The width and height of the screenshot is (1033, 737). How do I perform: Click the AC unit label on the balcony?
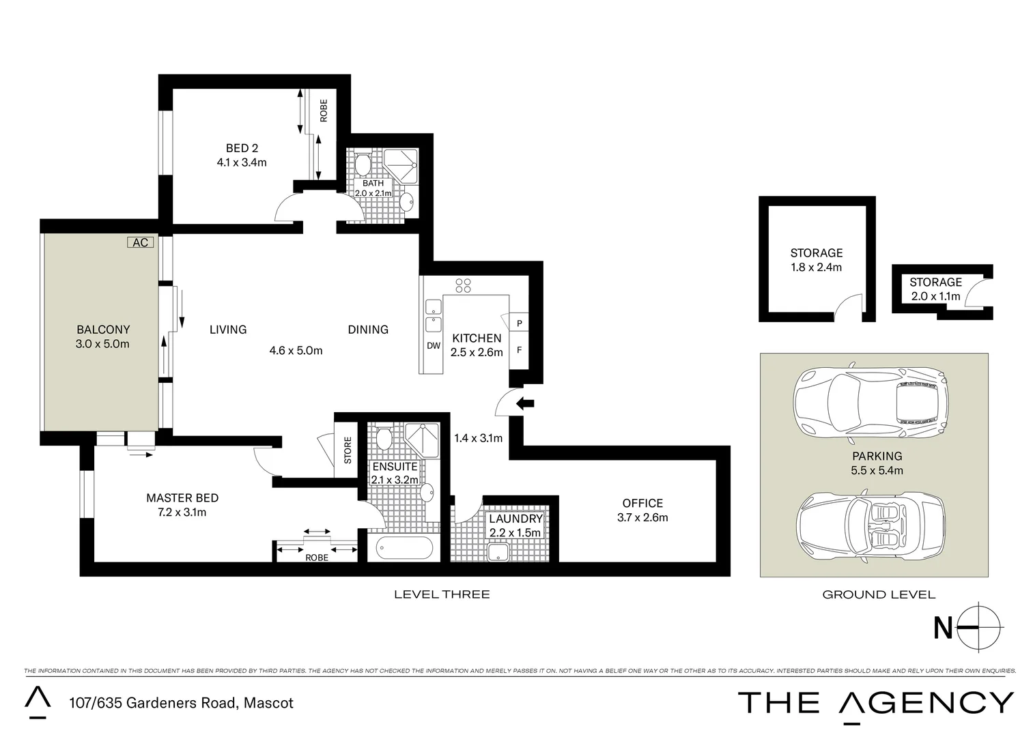140,242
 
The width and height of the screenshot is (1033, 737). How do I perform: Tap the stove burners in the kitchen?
463,285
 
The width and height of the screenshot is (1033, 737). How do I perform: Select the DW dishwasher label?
434,345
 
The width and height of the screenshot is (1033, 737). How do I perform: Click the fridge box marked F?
520,350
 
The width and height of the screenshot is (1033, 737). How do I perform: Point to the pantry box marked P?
520,323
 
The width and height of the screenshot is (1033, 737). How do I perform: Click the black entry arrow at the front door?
525,403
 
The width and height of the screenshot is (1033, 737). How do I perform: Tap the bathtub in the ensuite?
400,547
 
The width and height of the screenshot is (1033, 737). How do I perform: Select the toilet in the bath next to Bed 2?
363,164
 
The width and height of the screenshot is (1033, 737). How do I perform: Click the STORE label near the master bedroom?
348,450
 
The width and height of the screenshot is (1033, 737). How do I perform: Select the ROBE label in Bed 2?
324,111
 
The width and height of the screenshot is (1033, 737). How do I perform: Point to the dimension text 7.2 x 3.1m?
182,512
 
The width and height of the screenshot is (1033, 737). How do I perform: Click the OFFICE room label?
642,503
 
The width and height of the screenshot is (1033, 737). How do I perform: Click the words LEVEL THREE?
442,594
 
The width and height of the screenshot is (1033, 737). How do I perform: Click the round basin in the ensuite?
427,492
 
